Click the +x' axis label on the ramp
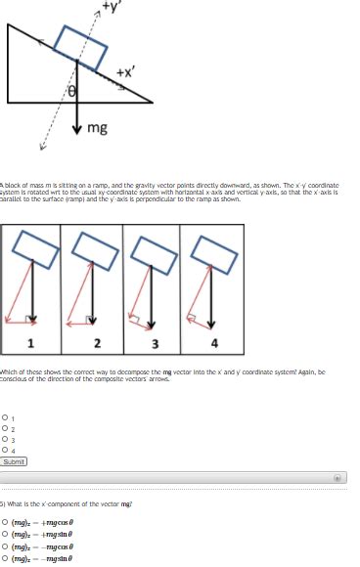(x=125, y=72)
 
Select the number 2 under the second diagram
(x=96, y=342)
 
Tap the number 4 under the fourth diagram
(x=215, y=342)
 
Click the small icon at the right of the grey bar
(x=339, y=479)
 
